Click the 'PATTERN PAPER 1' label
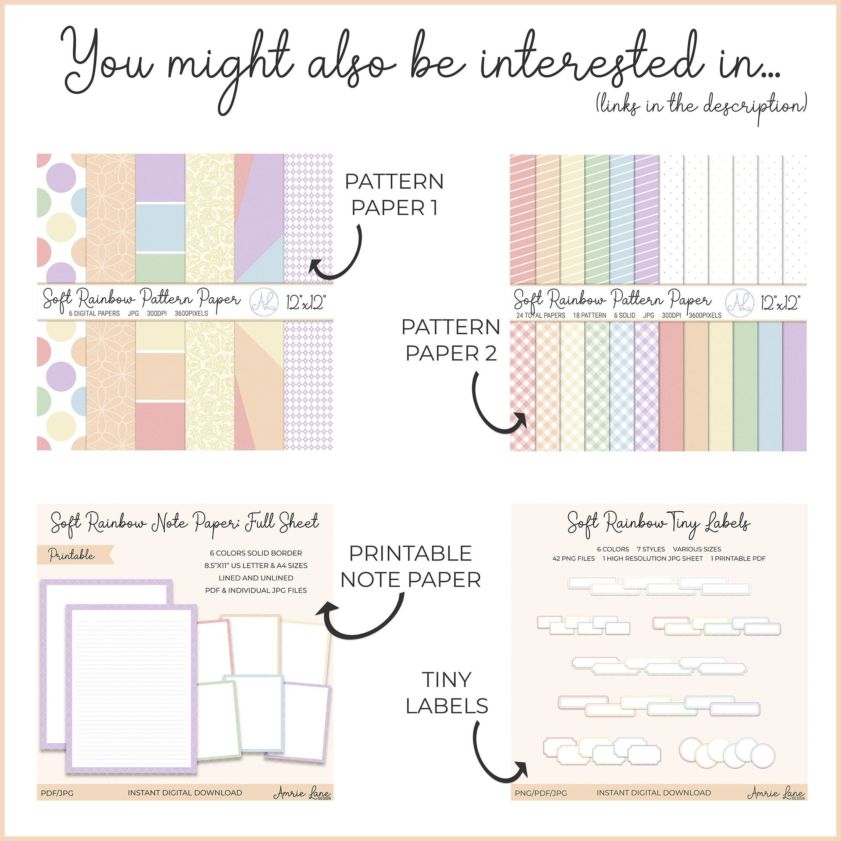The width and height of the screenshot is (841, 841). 394,194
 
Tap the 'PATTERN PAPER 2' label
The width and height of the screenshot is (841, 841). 450,340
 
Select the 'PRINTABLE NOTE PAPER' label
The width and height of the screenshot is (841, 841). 410,566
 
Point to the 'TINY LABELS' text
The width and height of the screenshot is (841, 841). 447,693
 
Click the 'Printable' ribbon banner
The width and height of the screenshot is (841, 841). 74,555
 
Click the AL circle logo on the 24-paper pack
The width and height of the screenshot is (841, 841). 740,301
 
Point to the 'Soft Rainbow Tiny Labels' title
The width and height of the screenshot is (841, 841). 658,524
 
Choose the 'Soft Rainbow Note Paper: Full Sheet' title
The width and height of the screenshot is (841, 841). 185,522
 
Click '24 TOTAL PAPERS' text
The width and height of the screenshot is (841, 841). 541,315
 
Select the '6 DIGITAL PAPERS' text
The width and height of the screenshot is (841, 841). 94,313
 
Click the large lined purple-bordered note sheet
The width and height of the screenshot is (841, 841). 132,691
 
